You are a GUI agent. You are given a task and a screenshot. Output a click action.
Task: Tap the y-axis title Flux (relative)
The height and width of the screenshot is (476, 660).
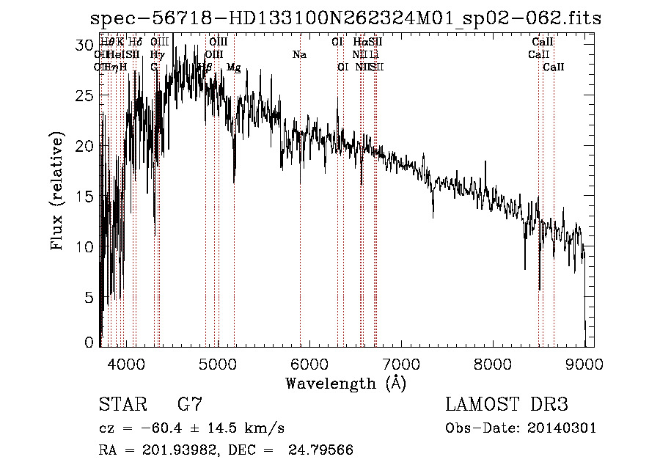[x=58, y=191]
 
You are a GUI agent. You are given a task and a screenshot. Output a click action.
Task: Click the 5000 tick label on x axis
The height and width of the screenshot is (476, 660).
[x=218, y=364]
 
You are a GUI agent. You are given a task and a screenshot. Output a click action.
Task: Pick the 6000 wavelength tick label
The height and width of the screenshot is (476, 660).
[x=309, y=364]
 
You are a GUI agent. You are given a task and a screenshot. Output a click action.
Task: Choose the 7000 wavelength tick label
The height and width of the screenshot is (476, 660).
[x=401, y=364]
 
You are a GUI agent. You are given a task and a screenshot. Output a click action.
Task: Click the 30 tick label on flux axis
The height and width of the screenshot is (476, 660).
[x=87, y=45]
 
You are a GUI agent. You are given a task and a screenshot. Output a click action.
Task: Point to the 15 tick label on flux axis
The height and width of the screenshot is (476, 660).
[x=87, y=197]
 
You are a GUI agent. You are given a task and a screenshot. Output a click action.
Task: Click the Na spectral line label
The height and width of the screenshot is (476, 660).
[x=299, y=55]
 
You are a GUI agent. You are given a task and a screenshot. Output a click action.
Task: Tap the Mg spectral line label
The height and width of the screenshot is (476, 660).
[x=233, y=67]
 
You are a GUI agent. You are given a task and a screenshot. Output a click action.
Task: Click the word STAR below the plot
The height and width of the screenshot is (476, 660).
[x=122, y=405]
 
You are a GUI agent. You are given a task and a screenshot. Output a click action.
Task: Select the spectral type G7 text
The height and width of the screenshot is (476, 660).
[x=190, y=405]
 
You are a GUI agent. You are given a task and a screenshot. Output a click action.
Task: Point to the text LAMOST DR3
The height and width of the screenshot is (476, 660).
[x=507, y=405]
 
